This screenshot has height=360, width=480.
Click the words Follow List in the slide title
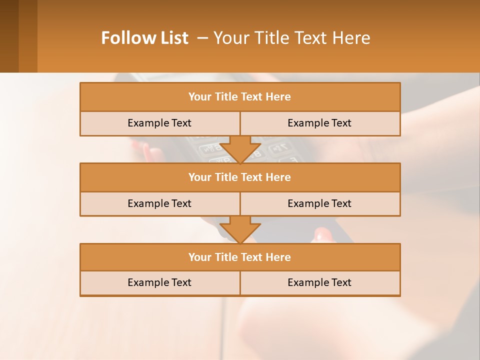[144, 38]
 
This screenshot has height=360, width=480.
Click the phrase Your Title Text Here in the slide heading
[292, 38]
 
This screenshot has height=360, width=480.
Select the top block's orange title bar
[240, 97]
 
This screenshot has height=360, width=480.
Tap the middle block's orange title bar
[240, 177]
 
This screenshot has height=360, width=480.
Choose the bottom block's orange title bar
[240, 257]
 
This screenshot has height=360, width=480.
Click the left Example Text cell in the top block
[159, 123]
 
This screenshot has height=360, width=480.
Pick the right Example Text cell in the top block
[320, 123]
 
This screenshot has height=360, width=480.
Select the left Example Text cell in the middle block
[159, 203]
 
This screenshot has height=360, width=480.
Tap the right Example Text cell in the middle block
[320, 203]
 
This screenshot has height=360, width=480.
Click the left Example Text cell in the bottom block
[159, 282]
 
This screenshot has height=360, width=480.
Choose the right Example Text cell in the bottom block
[320, 282]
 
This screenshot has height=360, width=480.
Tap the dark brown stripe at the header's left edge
[9, 36]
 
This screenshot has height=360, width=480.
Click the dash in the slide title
[202, 38]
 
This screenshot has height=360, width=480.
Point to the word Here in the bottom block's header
[278, 257]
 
